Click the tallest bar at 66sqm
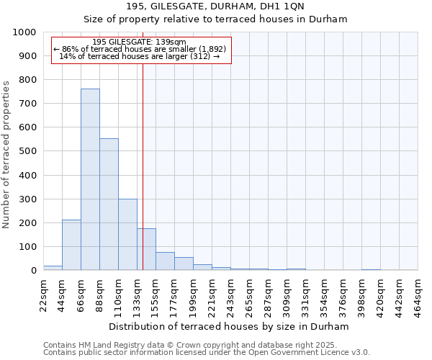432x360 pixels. click(90, 179)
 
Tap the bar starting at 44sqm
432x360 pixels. click(71, 245)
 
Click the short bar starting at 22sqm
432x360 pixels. click(53, 268)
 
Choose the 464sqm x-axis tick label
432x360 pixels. click(419, 293)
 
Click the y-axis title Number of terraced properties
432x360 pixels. click(7, 154)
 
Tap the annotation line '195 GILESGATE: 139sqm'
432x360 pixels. click(140, 42)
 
